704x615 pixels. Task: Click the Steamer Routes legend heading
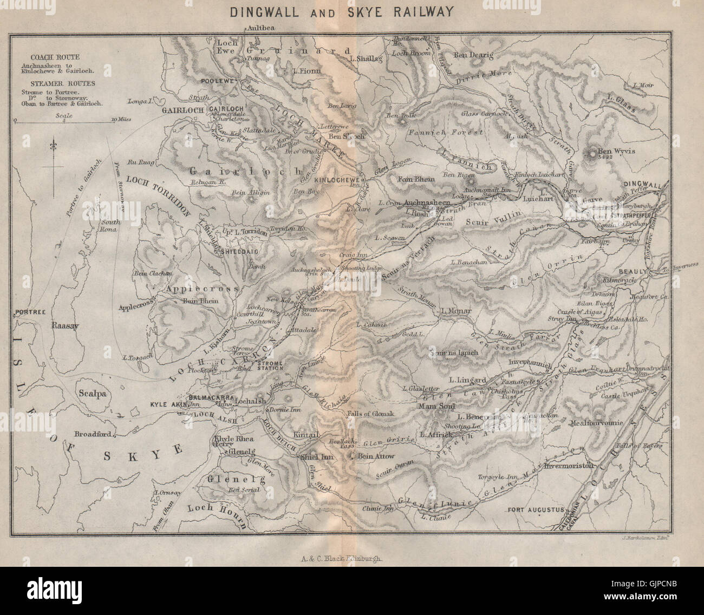point(54,84)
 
